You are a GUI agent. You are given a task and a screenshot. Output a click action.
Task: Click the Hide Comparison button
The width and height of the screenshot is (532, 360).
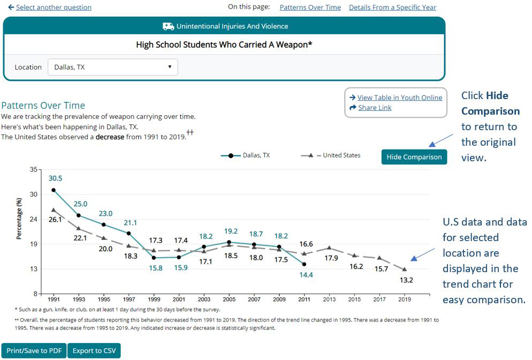(x=414, y=157)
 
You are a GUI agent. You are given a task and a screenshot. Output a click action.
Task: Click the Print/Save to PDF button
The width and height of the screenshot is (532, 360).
(x=34, y=351)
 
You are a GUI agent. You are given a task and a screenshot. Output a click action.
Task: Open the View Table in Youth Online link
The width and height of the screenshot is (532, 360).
(x=399, y=97)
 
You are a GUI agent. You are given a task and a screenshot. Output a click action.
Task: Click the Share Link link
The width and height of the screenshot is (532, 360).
(x=375, y=108)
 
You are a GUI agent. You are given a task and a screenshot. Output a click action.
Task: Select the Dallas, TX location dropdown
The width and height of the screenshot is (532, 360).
(x=112, y=67)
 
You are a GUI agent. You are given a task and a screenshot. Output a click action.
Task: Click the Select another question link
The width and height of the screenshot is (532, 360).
(x=54, y=7)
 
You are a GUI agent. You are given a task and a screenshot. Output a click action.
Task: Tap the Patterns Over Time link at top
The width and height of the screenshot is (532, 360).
(x=310, y=7)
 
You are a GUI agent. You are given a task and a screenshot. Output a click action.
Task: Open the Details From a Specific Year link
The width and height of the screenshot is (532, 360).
(x=392, y=7)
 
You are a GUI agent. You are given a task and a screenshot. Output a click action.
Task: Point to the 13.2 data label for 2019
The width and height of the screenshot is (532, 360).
(x=406, y=280)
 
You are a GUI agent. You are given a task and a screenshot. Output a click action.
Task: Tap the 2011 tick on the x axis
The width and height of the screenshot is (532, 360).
(x=304, y=299)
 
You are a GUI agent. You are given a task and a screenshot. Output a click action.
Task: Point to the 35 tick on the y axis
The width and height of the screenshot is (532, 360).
(x=33, y=170)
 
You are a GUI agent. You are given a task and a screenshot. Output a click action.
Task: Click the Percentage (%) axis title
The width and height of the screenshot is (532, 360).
(x=20, y=219)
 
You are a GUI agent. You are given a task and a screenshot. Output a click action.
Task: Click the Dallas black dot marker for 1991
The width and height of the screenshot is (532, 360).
(x=54, y=190)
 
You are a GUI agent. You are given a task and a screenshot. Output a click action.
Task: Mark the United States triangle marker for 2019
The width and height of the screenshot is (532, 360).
(x=405, y=269)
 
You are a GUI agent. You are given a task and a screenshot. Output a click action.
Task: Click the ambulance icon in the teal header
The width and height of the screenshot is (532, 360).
(x=168, y=26)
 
